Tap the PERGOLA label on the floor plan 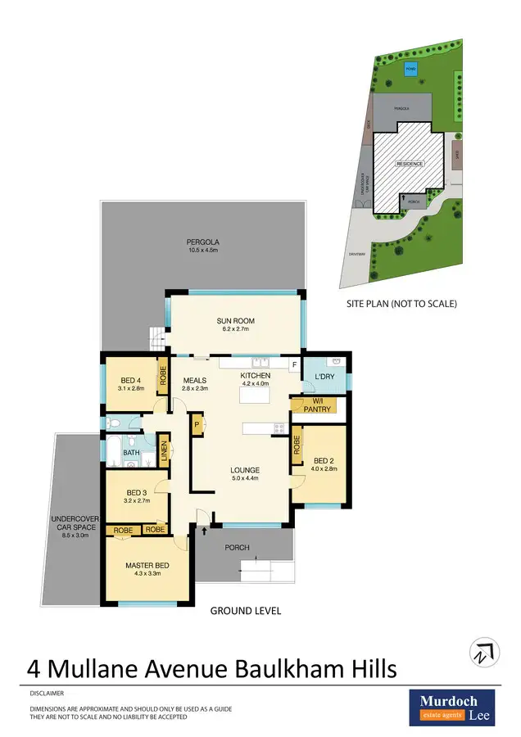tap(202, 242)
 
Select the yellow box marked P tap(197, 425)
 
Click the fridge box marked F tap(293, 364)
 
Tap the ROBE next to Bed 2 tap(296, 448)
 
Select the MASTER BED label tap(147, 566)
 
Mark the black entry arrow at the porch tap(203, 532)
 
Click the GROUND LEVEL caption tap(246, 611)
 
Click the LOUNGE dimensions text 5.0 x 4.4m tap(245, 478)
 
